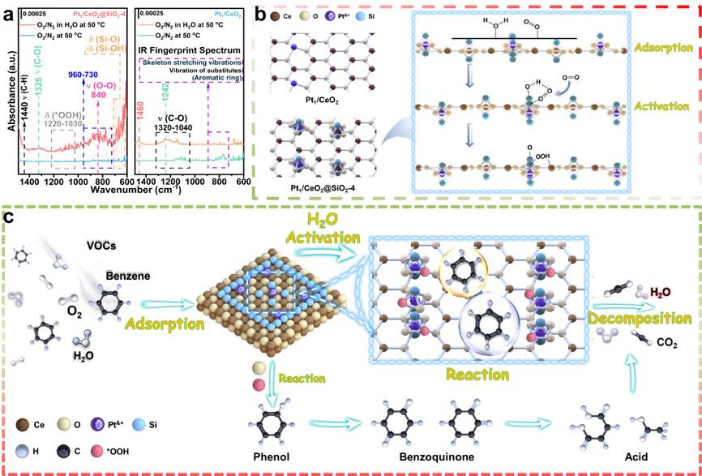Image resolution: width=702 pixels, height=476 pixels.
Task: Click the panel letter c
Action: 10,217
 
